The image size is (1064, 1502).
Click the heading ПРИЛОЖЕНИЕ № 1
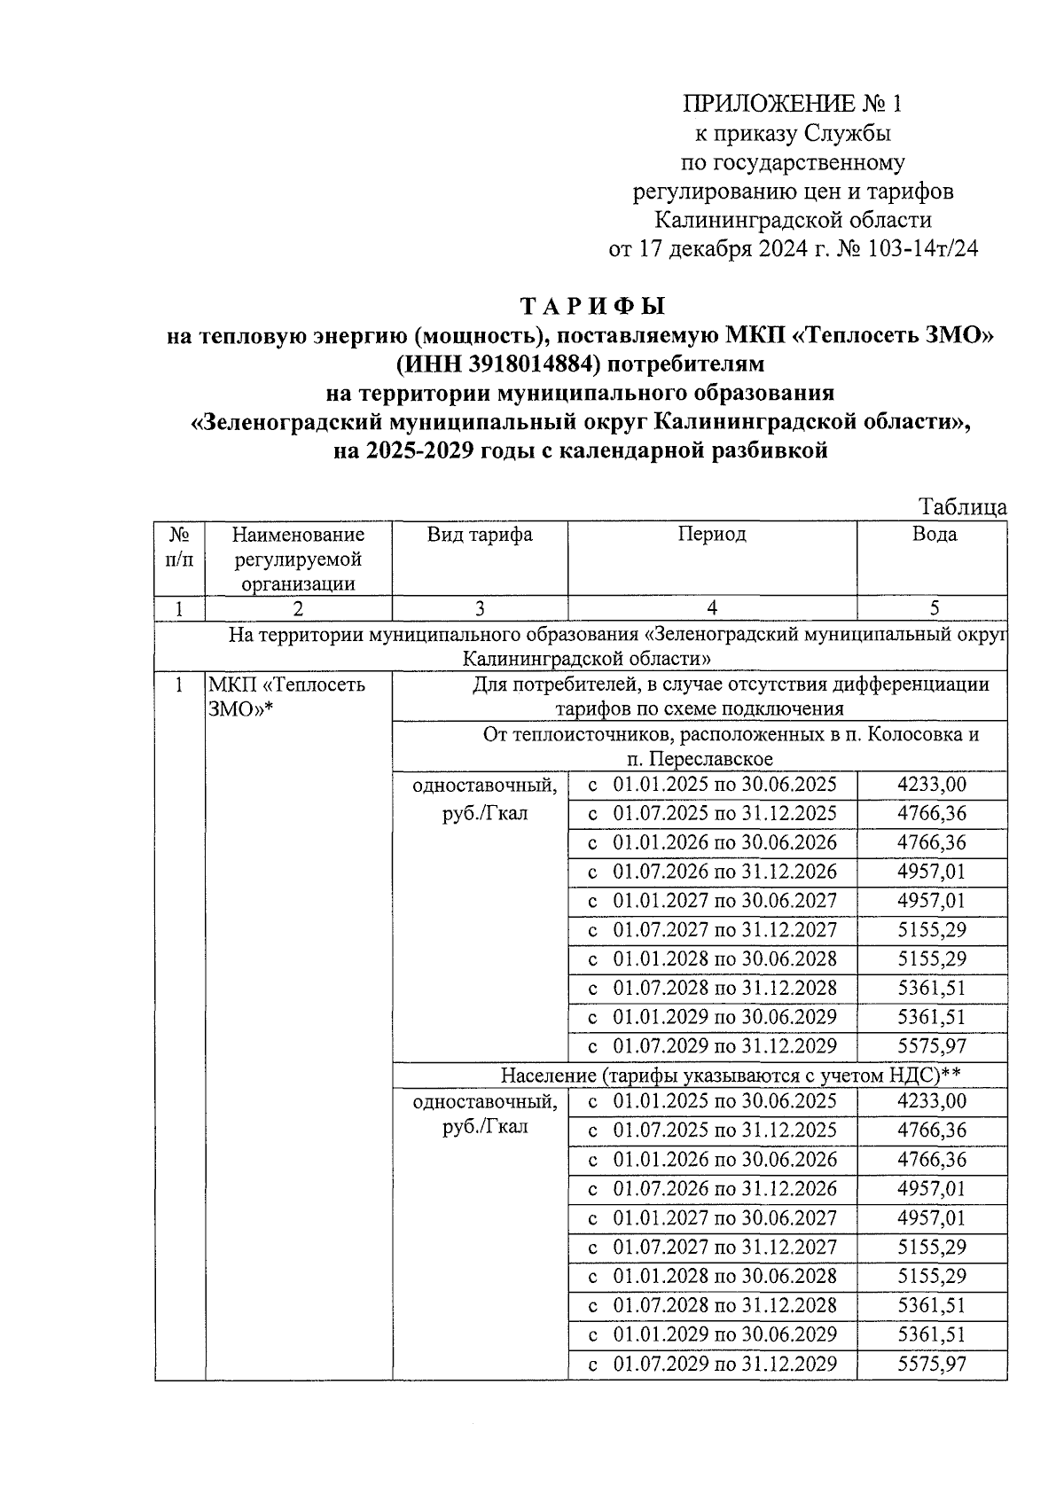[x=792, y=105]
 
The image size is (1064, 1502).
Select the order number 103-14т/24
[x=917, y=249]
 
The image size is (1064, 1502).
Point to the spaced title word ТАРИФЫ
[x=591, y=307]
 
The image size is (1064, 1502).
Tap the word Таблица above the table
[x=962, y=507]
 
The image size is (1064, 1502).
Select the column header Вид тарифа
[x=480, y=535]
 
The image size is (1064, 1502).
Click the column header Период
[x=711, y=535]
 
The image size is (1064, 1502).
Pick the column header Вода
[x=934, y=535]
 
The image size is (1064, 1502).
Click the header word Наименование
[x=298, y=535]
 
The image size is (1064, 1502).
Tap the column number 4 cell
[x=711, y=608]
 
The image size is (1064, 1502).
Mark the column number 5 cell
[x=934, y=608]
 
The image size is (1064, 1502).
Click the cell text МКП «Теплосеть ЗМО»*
[x=286, y=697]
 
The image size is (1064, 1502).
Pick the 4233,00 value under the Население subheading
[x=931, y=1102]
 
